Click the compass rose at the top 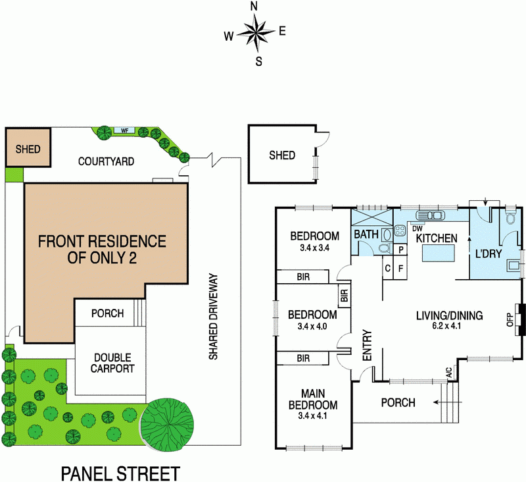pos(255,34)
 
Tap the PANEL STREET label pos(120,472)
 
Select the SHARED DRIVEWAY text pos(213,327)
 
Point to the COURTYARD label pos(106,161)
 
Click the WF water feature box pos(123,130)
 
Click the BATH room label pos(366,234)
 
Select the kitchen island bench pos(437,253)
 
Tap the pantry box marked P pos(400,250)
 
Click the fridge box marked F pos(400,268)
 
